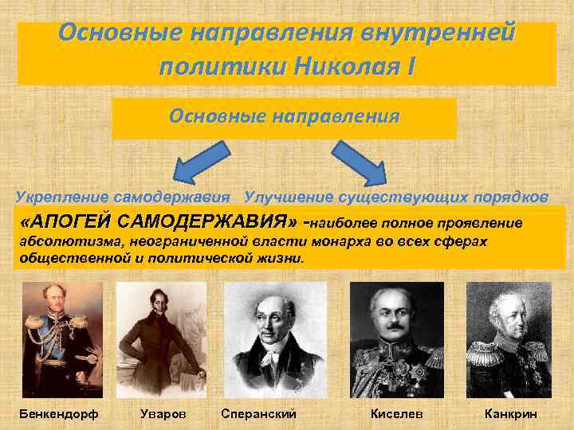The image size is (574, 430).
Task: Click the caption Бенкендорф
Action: [54, 413]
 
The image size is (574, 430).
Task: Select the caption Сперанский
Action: [258, 413]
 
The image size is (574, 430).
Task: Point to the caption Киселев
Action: [397, 413]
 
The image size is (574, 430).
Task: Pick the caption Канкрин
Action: [511, 413]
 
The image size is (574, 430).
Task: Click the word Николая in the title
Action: [351, 63]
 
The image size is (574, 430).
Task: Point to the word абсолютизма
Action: [65, 240]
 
